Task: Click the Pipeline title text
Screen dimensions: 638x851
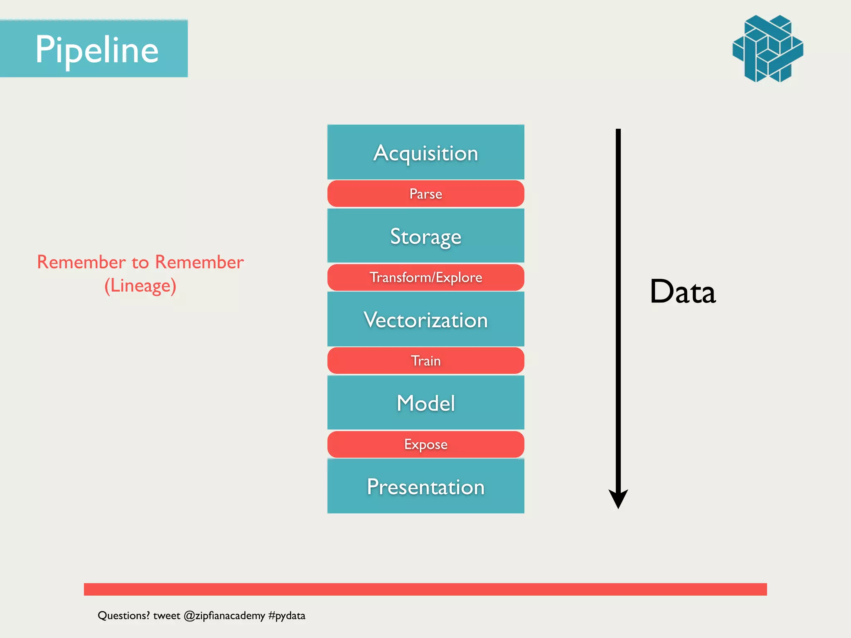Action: (x=97, y=49)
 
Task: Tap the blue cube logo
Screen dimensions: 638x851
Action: (x=767, y=49)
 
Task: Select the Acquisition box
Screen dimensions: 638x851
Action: (x=425, y=152)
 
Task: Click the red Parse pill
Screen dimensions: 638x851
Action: (x=425, y=194)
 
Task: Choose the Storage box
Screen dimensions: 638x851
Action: (x=425, y=236)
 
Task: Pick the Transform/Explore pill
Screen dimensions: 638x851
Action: (x=425, y=277)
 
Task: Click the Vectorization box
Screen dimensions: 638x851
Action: (x=425, y=319)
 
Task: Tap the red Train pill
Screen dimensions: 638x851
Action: (x=425, y=361)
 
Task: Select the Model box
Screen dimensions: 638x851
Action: (x=425, y=403)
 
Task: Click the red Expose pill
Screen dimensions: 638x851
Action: (x=425, y=444)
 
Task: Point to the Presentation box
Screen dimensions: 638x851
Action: (x=425, y=486)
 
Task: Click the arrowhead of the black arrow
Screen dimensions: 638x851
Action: (x=618, y=498)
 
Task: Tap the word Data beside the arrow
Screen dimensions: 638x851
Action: (x=683, y=292)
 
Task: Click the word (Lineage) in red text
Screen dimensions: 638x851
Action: (x=140, y=286)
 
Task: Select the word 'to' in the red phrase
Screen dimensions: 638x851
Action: (x=140, y=263)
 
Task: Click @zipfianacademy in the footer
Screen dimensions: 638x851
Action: (x=224, y=616)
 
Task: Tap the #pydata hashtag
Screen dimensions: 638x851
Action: (x=287, y=616)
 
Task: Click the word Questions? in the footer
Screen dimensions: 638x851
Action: (x=123, y=616)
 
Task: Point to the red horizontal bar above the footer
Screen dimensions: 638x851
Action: (x=425, y=589)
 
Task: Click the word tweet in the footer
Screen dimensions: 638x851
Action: (x=167, y=616)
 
